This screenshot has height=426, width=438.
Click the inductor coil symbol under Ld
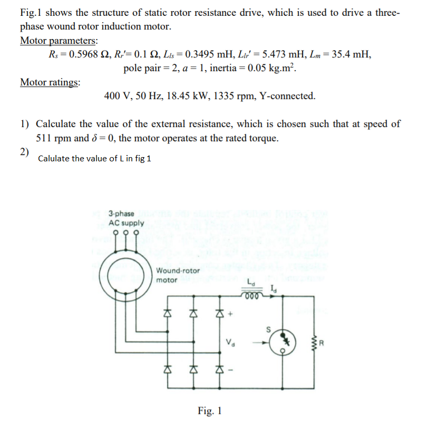(251, 295)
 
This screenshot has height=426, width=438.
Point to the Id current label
(272, 288)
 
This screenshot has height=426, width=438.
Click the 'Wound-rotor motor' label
(177, 275)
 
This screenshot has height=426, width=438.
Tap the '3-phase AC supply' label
(125, 218)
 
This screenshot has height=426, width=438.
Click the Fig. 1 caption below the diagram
(210, 411)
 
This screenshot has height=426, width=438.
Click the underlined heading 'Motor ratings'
(50, 82)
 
